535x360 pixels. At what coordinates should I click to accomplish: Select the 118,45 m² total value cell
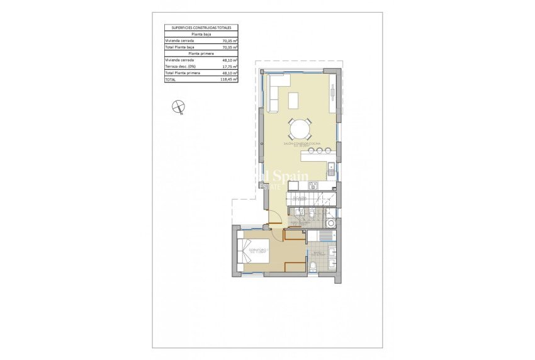[229, 80]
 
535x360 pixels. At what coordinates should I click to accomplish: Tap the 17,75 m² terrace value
[229, 67]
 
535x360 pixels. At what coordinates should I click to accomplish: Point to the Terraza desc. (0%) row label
[180, 67]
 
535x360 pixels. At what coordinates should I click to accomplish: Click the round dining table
[300, 129]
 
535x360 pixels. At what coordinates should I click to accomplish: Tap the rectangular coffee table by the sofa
[294, 99]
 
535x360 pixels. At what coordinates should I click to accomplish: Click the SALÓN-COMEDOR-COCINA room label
[301, 144]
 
